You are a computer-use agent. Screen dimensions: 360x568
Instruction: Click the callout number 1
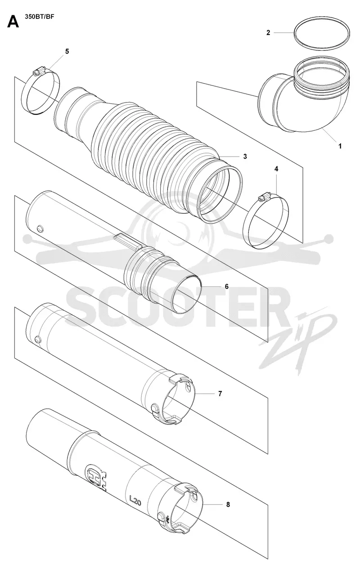click(340, 146)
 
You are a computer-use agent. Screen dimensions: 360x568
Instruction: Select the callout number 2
click(268, 33)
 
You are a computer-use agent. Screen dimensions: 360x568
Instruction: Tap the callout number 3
click(245, 157)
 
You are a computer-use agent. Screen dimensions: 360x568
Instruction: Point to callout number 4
click(276, 169)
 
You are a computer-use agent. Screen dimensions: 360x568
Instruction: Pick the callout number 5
click(67, 51)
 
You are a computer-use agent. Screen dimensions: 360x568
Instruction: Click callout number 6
click(226, 286)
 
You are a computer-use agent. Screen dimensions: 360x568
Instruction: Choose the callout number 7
click(220, 394)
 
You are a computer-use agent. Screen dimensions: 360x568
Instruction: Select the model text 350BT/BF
click(39, 17)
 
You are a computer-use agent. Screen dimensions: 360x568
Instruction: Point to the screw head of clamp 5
click(37, 72)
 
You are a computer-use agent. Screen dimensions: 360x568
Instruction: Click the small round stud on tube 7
click(37, 339)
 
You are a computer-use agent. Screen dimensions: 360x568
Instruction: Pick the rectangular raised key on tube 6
click(128, 241)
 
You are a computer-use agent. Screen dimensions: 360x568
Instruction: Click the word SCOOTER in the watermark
click(175, 307)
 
